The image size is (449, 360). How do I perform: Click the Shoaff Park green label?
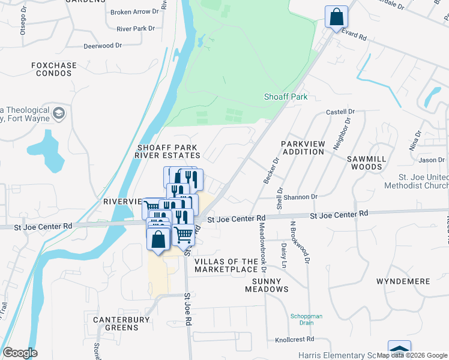tap(286, 97)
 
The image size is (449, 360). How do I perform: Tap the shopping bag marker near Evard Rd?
tap(336, 17)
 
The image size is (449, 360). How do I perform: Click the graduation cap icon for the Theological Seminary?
tap(59, 113)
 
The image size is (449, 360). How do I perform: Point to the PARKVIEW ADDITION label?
tap(303, 148)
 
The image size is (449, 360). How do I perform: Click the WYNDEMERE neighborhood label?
tap(403, 281)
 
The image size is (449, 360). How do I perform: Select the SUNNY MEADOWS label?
tap(267, 284)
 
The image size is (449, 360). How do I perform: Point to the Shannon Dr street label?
tap(301, 197)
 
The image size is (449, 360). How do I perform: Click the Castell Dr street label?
tap(340, 112)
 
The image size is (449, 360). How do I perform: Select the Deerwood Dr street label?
tap(103, 46)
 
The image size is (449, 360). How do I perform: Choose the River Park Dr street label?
tap(136, 28)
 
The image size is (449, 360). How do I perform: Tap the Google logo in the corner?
tap(20, 353)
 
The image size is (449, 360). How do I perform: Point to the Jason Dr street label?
tap(432, 160)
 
